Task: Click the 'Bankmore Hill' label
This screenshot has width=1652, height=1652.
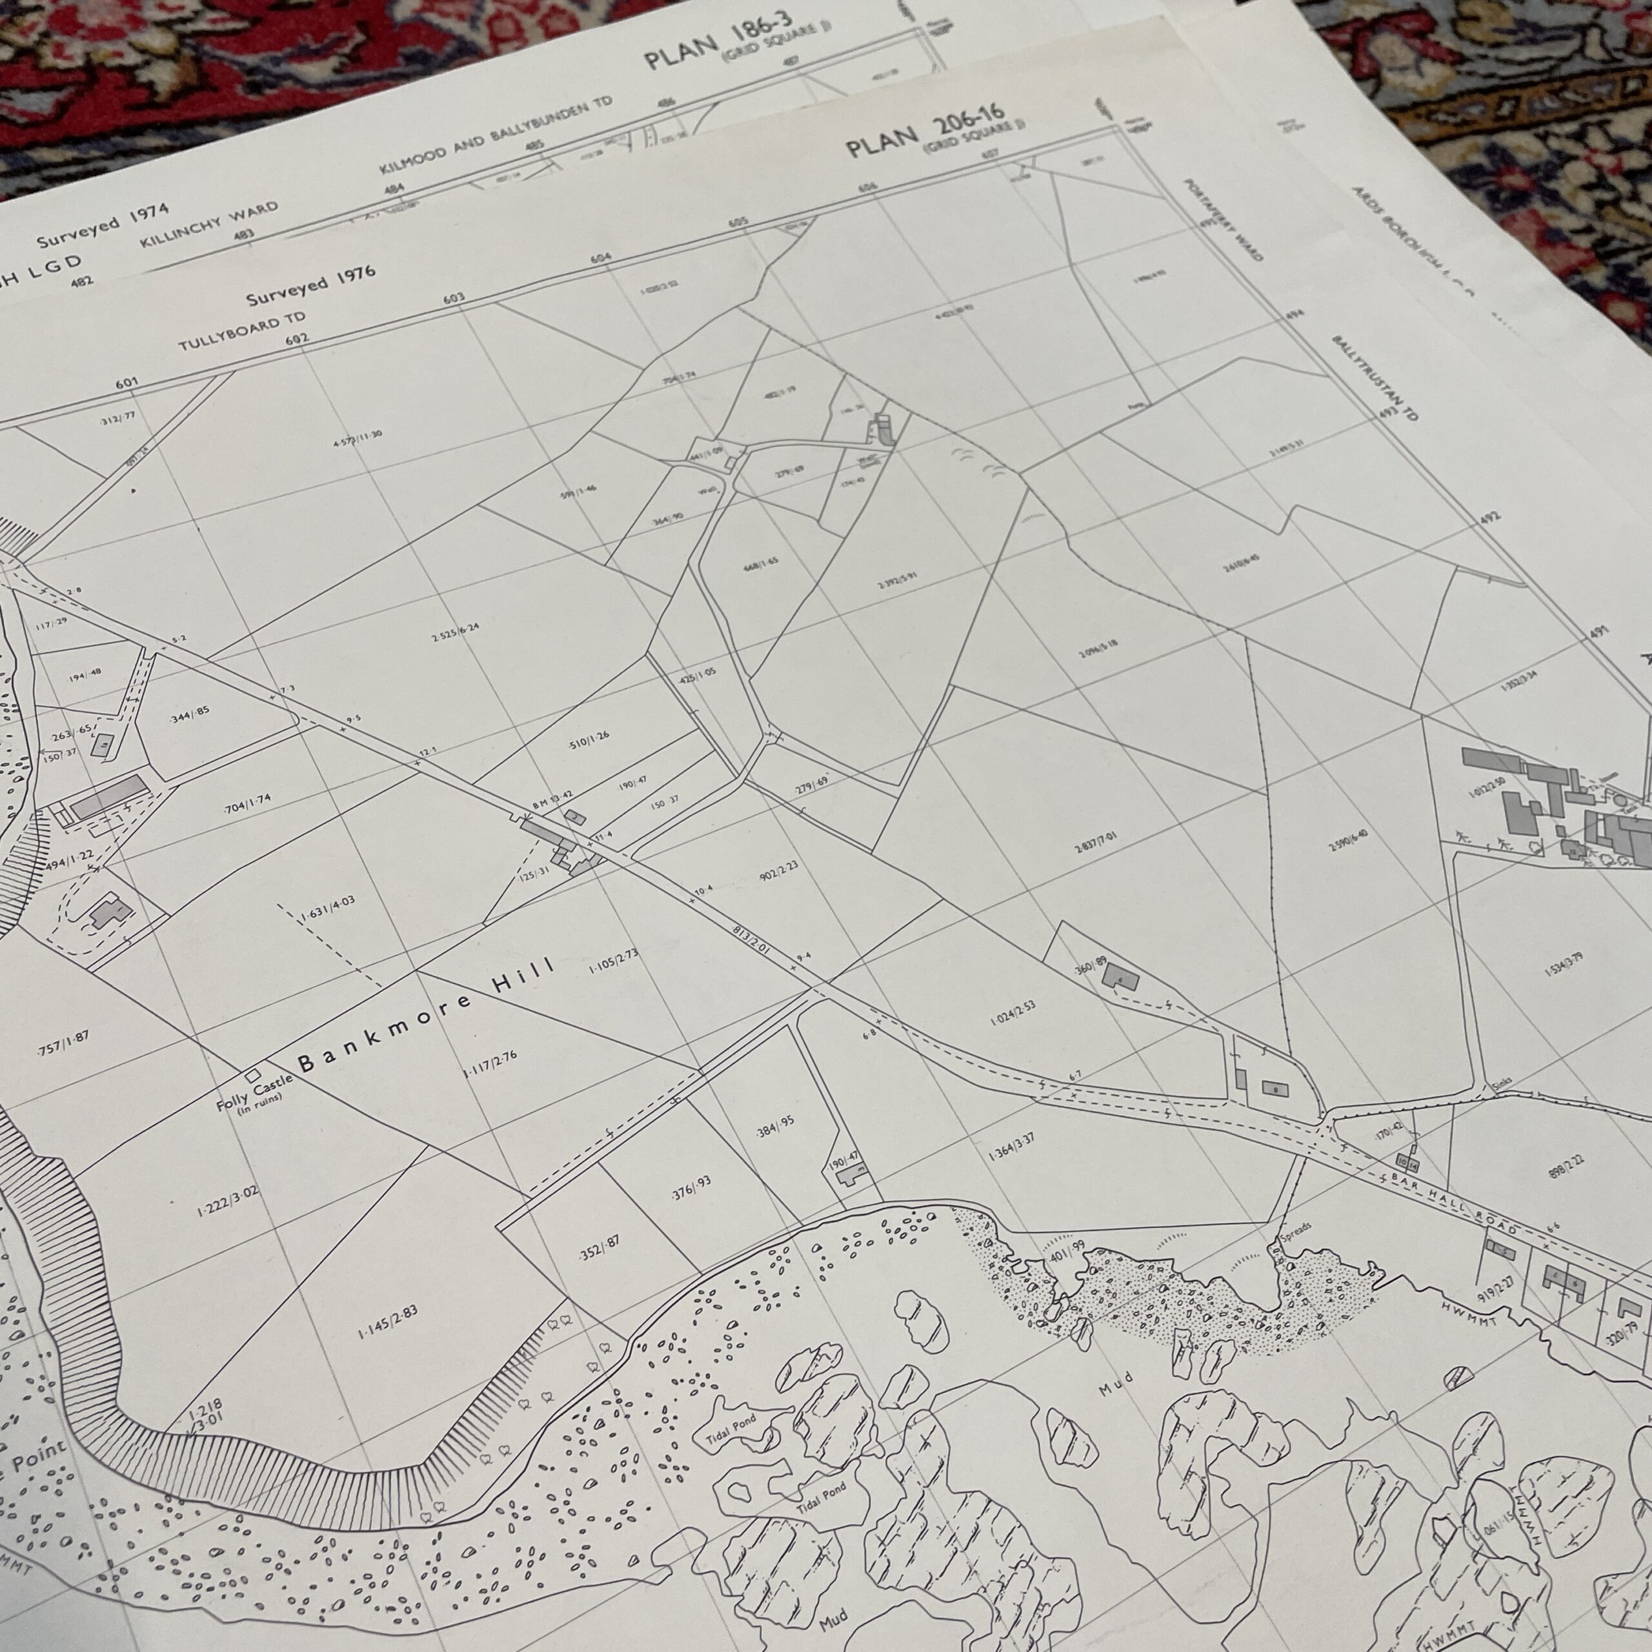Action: (x=426, y=1015)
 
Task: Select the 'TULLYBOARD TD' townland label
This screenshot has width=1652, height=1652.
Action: (x=242, y=332)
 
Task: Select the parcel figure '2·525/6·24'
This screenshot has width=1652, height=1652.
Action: (x=455, y=634)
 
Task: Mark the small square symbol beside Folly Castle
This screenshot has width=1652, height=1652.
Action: (x=252, y=1074)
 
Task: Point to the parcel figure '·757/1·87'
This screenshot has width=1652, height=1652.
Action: (x=64, y=1044)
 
